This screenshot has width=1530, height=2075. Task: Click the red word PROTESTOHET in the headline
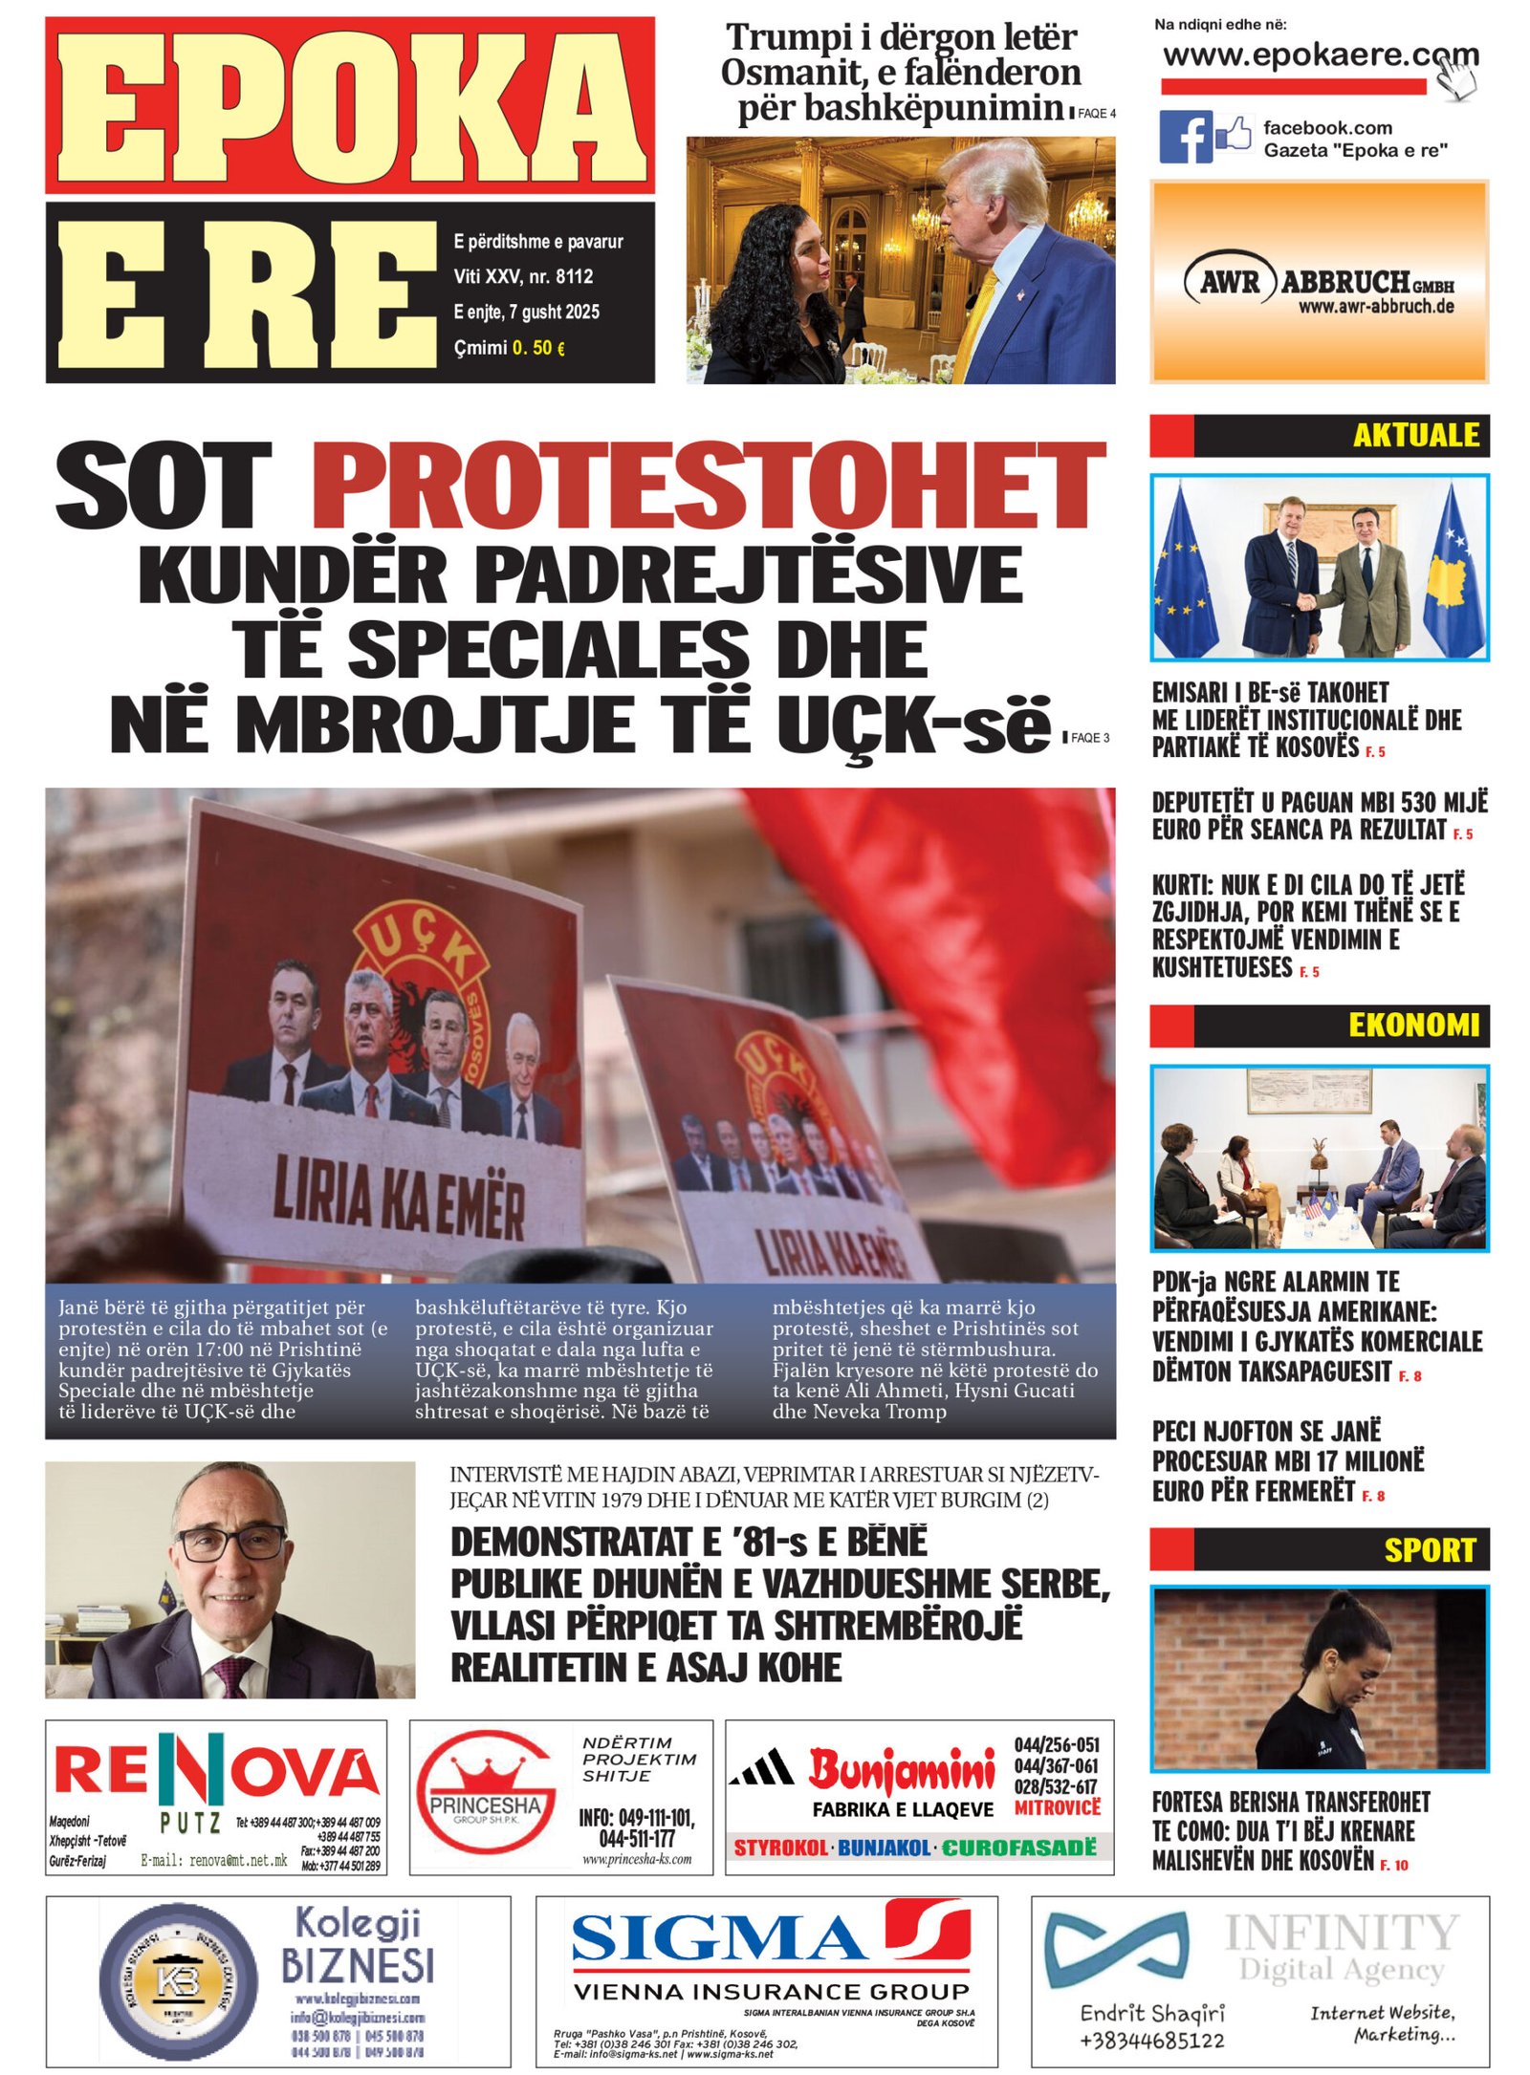point(708,485)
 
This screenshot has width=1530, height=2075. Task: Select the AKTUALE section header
point(1415,436)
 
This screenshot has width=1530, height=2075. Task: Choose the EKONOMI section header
point(1413,1026)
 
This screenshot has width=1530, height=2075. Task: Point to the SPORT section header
point(1430,1550)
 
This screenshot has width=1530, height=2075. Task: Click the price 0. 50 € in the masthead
point(538,348)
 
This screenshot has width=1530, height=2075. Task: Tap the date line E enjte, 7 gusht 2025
point(526,313)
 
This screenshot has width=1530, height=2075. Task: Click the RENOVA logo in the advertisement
point(216,1771)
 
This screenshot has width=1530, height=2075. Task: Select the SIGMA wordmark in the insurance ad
point(717,1940)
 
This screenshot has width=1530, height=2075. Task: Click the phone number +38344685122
point(1151,2041)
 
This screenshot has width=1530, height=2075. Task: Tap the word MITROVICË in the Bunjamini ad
point(1057,1808)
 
